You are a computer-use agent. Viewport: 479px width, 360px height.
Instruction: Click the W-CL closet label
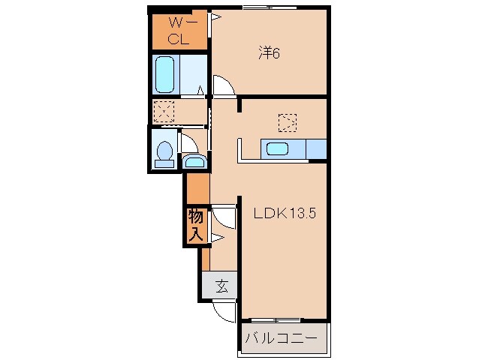click(x=179, y=31)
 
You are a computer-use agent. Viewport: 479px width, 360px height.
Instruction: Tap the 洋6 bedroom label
click(x=269, y=53)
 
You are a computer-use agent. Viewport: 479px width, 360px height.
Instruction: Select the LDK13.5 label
click(x=285, y=213)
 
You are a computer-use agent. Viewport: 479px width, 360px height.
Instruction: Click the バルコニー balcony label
click(x=282, y=339)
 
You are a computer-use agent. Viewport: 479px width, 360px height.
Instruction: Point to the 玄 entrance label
click(x=222, y=286)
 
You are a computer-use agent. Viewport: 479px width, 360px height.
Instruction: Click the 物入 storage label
click(x=195, y=226)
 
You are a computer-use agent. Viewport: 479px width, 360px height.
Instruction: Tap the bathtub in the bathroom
click(x=165, y=74)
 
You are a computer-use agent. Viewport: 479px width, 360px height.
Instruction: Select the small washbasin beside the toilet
click(x=194, y=161)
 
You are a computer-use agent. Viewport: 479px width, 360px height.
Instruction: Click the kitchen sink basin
click(x=277, y=149)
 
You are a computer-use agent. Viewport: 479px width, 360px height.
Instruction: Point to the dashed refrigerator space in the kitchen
click(x=288, y=123)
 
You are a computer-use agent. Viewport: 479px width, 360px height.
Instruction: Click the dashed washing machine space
click(x=164, y=112)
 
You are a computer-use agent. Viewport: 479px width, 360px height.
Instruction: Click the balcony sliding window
click(x=276, y=320)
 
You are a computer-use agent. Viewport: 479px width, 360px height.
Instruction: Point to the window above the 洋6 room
click(x=270, y=7)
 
